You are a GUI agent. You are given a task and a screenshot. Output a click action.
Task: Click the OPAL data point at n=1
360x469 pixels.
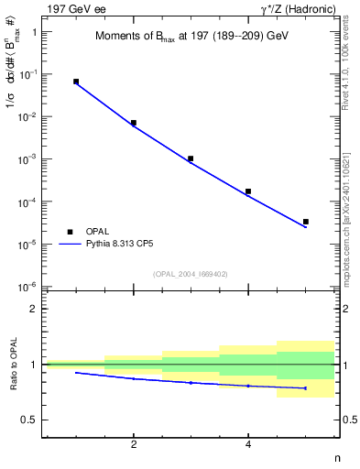[76, 82]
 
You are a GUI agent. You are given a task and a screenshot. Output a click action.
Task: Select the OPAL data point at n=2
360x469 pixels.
[134, 123]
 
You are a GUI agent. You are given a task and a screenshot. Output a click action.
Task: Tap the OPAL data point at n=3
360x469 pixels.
[191, 158]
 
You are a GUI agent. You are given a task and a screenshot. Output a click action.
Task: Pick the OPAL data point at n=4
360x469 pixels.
[248, 191]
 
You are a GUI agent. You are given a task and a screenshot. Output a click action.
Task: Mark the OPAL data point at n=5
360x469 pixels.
[306, 222]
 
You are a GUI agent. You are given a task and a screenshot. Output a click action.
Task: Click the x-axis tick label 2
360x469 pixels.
[134, 444]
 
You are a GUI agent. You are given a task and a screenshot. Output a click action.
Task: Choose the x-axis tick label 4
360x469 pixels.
[248, 444]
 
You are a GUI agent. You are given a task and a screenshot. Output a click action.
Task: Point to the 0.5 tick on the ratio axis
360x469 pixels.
[30, 420]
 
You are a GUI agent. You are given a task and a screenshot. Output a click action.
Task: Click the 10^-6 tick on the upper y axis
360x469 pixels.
[30, 288]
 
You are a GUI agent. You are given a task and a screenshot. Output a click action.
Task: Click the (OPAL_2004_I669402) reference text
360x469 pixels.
[191, 273]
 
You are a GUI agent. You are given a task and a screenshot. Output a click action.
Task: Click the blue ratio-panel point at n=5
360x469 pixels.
[306, 388]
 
